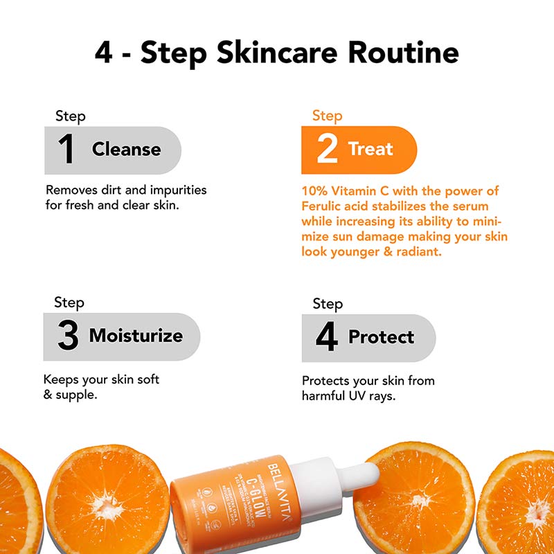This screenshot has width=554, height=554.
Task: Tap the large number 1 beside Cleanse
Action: point(66,150)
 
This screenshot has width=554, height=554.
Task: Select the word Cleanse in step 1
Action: point(126,150)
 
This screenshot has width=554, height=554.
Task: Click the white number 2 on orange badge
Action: point(327,150)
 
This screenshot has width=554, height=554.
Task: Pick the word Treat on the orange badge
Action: point(370,149)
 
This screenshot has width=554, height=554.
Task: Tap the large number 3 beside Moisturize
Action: point(67,337)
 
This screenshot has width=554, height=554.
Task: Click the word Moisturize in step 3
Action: point(136,337)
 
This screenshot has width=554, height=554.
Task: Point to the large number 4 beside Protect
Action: point(326,337)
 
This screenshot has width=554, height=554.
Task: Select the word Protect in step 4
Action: point(381,337)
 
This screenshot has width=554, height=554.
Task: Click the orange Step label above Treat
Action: point(327,116)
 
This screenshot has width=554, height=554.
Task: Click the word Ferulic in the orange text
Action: point(323,206)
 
